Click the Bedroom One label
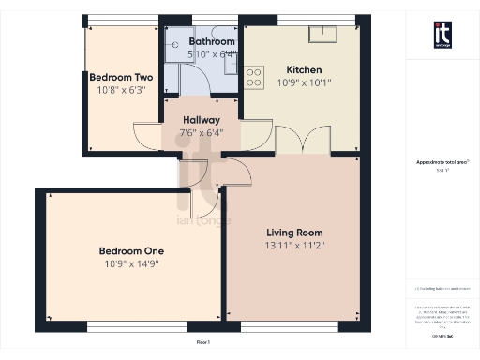click(x=132, y=250)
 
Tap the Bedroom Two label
click(x=120, y=78)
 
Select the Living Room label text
click(x=294, y=232)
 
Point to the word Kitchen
click(x=304, y=69)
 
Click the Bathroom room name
click(x=212, y=42)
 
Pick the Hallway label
click(x=202, y=120)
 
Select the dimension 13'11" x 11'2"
click(x=294, y=246)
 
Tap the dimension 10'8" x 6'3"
click(x=120, y=91)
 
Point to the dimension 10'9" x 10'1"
click(x=304, y=82)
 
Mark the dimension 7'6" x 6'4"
click(x=202, y=133)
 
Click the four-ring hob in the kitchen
click(x=254, y=77)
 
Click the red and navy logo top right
click(x=442, y=34)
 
